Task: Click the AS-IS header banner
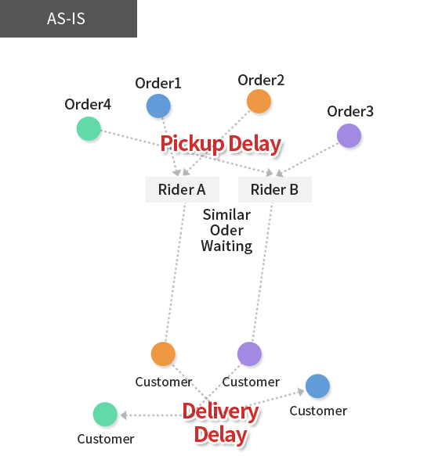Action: [x=68, y=19]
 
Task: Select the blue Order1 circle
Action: [x=158, y=106]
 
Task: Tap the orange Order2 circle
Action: [x=259, y=101]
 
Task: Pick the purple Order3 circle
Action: [x=349, y=135]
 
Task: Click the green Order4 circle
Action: [x=89, y=128]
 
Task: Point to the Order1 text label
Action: [x=158, y=83]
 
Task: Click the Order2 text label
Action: [x=261, y=80]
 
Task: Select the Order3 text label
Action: [x=350, y=111]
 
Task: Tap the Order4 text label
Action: [x=88, y=104]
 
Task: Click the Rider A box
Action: [x=182, y=189]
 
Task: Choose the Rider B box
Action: [x=275, y=189]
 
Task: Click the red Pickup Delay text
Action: [x=221, y=144]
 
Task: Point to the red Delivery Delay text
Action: [x=221, y=423]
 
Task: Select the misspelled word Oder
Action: [x=226, y=230]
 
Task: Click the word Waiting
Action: [x=226, y=246]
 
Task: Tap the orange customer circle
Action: [x=163, y=354]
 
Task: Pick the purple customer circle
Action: [x=249, y=354]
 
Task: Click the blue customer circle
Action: [x=317, y=386]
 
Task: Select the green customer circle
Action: [x=105, y=414]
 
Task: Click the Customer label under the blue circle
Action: [x=318, y=411]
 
